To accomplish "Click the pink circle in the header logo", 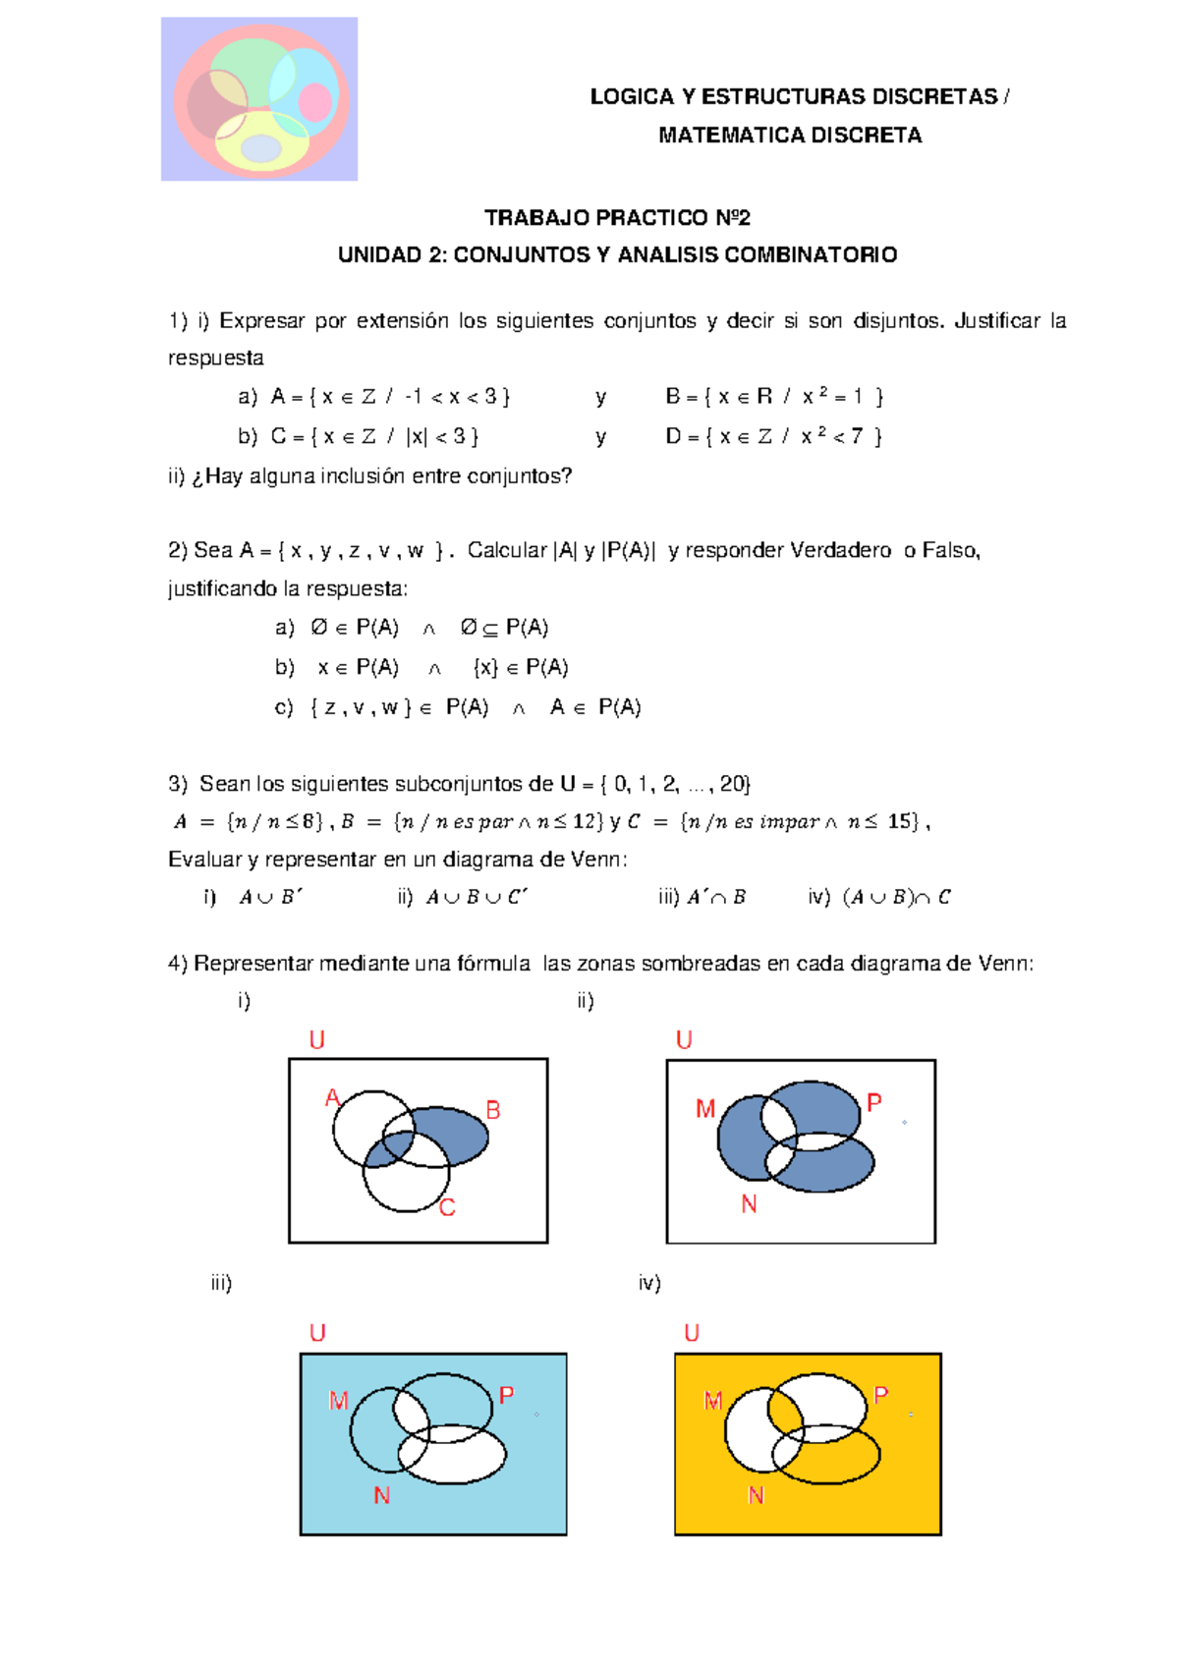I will [x=314, y=102].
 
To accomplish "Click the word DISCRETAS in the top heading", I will [x=934, y=96].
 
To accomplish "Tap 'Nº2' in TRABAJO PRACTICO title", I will [x=732, y=217].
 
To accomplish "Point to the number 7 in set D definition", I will [x=856, y=436].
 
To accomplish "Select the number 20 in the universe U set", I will [x=732, y=784].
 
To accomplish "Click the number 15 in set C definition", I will [x=899, y=821].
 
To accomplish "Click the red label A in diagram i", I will [x=332, y=1098].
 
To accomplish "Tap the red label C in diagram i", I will [x=447, y=1208].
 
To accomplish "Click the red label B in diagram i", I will [x=493, y=1110].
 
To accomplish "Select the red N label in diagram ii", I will [x=749, y=1203].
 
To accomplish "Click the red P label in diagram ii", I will [x=874, y=1103].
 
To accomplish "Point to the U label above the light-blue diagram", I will [x=317, y=1333].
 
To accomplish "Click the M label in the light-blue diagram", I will [x=338, y=1401].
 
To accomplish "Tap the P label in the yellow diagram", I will [x=881, y=1395].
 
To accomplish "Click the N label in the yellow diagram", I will [x=756, y=1495].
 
